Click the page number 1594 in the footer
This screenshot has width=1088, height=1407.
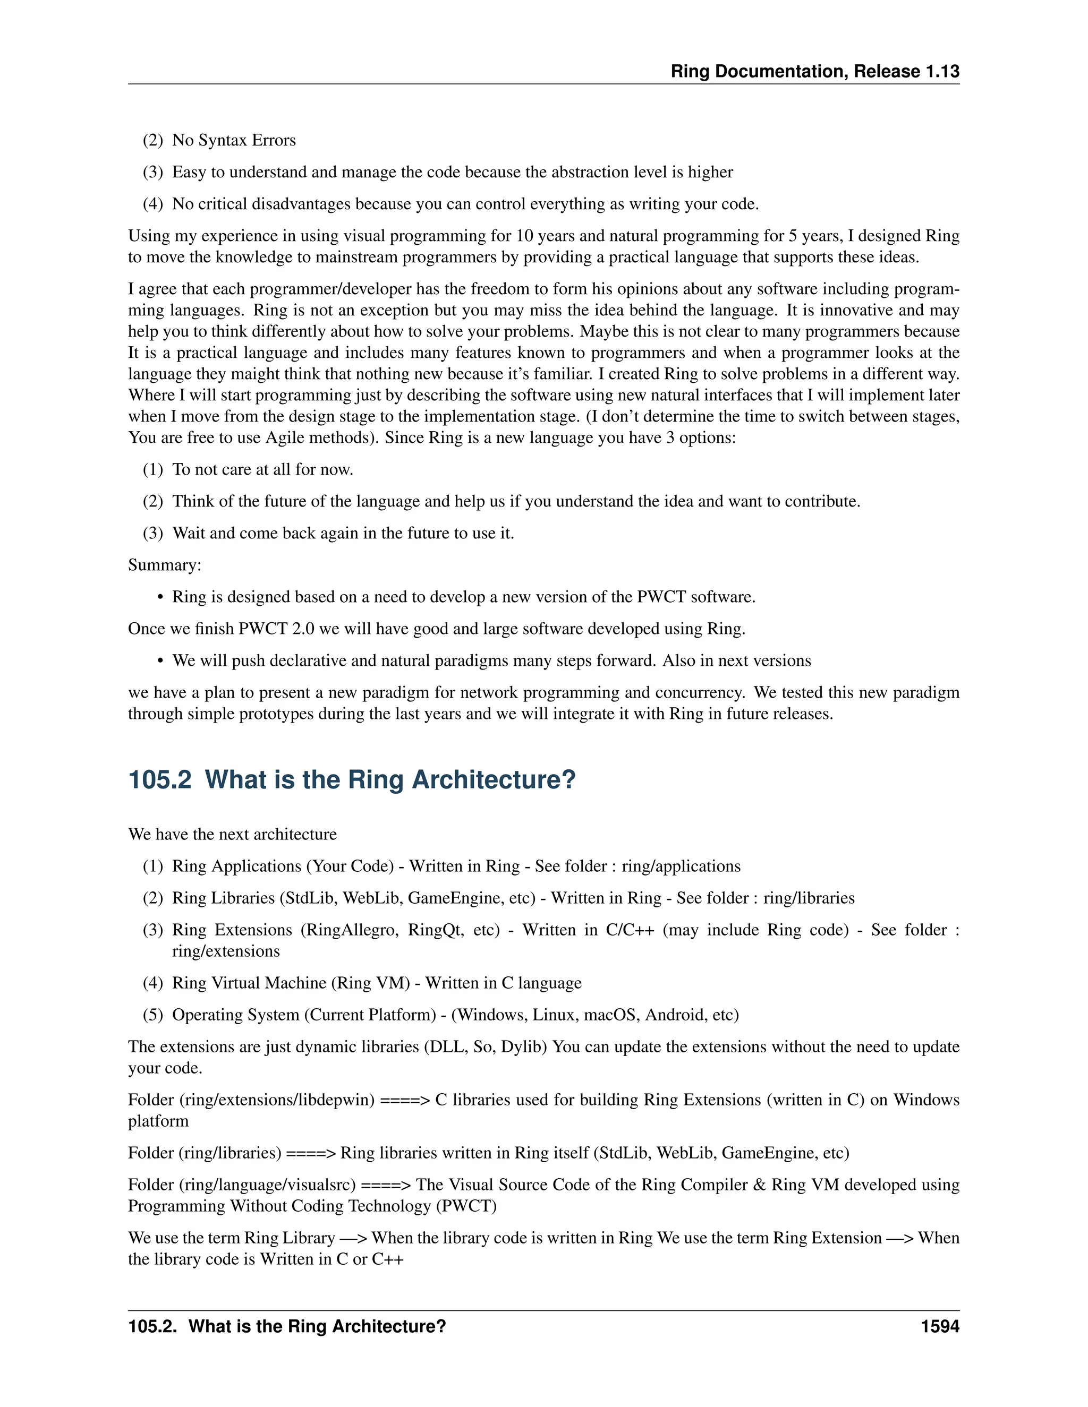coord(940,1326)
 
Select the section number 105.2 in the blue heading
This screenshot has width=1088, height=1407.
coord(160,779)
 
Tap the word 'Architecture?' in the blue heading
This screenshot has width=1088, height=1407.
coord(493,779)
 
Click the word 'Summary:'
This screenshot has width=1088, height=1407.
coord(164,565)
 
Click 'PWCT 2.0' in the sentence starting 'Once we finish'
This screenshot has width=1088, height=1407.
coord(276,629)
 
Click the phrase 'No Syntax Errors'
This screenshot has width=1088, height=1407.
coord(234,141)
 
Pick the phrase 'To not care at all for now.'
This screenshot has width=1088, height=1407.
coord(262,470)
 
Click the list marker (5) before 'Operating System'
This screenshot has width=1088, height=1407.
coord(153,1015)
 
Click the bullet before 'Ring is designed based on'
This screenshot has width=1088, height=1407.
coord(160,598)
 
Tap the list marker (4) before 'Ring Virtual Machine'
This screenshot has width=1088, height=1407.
coord(153,983)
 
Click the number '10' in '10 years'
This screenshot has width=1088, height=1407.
coord(525,236)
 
